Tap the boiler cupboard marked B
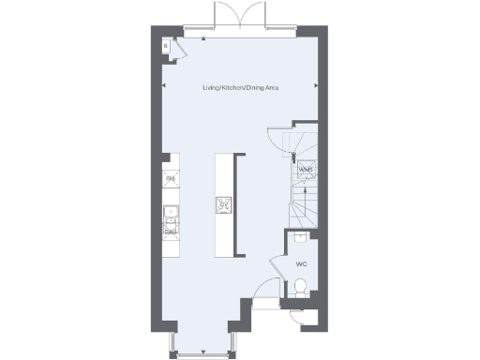[x=165, y=43]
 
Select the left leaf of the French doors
[x=227, y=16]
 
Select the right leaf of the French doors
[x=253, y=16]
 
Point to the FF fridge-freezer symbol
[x=171, y=178]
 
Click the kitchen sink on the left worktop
[x=171, y=212]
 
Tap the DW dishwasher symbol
[x=171, y=231]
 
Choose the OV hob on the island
[x=224, y=203]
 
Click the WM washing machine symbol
[x=305, y=170]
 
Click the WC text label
[x=301, y=265]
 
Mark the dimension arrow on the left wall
[x=165, y=87]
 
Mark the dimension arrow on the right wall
[x=316, y=87]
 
